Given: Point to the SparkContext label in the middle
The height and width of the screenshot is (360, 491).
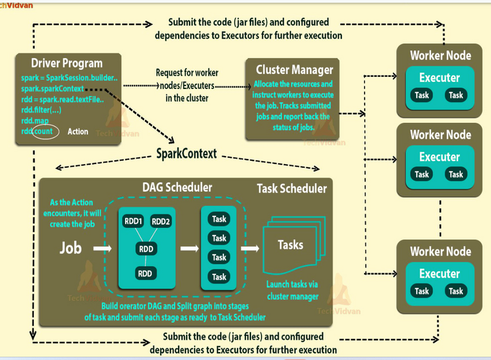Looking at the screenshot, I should coord(187,153).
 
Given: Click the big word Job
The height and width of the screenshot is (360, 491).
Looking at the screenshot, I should coord(70,249).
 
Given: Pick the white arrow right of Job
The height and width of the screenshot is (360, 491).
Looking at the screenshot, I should coord(98,249).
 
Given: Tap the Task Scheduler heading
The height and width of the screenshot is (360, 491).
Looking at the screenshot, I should coord(292,189).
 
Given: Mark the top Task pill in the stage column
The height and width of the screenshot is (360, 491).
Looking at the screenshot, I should coord(219,219).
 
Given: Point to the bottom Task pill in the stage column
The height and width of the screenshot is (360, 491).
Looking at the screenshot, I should coord(219,277).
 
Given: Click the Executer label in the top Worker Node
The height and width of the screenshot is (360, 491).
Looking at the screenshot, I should coord(439,78).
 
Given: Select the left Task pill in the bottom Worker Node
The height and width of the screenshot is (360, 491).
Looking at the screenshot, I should coord(422,291).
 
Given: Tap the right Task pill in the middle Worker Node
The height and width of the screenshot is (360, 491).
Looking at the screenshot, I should coord(455,174).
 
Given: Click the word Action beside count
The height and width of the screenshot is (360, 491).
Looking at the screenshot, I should coord(78,131).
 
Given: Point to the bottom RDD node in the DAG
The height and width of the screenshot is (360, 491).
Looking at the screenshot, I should coord(145,273).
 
